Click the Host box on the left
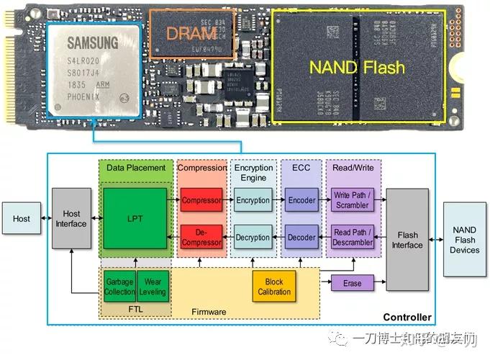pyautogui.click(x=22, y=218)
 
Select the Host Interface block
pyautogui.click(x=72, y=218)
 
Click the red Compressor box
pyautogui.click(x=201, y=200)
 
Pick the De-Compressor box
pyautogui.click(x=201, y=237)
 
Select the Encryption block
pyautogui.click(x=253, y=200)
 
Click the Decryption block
pyautogui.click(x=253, y=237)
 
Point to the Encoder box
pyautogui.click(x=301, y=200)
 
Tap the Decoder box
pyautogui.click(x=301, y=237)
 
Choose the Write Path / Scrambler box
pyautogui.click(x=352, y=200)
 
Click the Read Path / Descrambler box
pyautogui.click(x=352, y=237)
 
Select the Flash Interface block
pyautogui.click(x=407, y=240)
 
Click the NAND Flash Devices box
pyautogui.click(x=464, y=240)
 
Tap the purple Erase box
pyautogui.click(x=352, y=283)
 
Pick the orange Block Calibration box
pyautogui.click(x=274, y=287)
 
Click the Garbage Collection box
pyautogui.click(x=119, y=287)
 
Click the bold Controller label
pyautogui.click(x=407, y=317)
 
